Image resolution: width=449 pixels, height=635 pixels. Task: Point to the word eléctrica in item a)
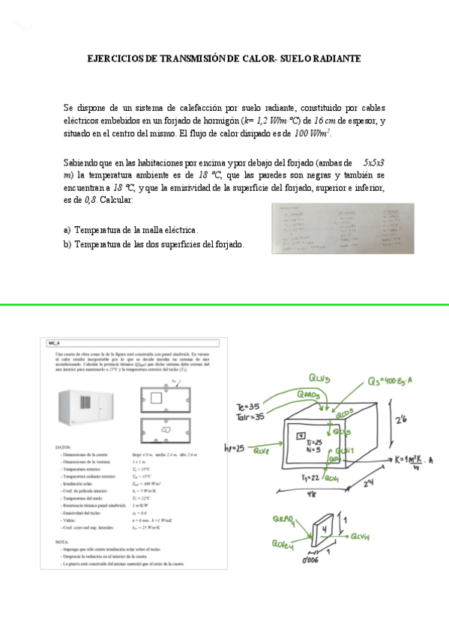point(178,230)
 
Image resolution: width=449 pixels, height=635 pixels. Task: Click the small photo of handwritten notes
point(342,228)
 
